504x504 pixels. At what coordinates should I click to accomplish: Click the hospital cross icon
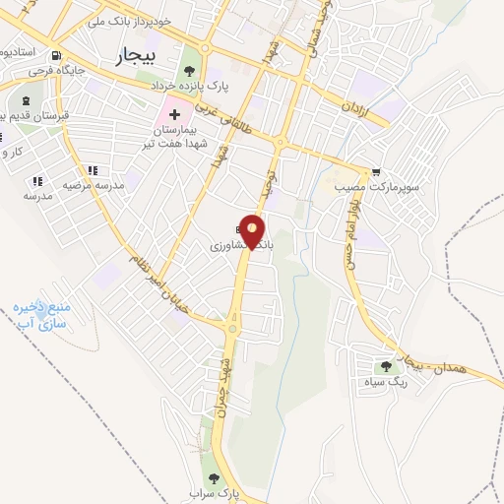point(175,115)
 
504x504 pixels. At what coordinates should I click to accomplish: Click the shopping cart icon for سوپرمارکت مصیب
point(374,170)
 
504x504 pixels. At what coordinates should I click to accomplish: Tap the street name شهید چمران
point(224,390)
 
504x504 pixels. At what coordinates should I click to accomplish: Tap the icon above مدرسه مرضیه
point(94,170)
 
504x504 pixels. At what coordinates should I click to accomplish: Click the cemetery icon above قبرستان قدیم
point(25,99)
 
